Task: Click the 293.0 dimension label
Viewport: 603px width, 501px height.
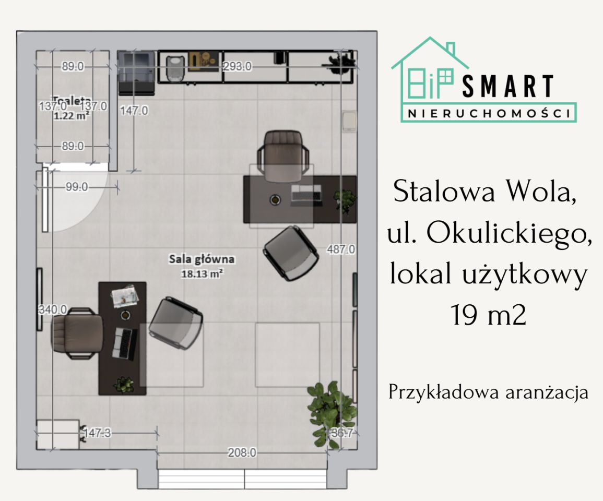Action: pos(238,66)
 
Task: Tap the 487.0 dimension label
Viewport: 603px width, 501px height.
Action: pos(340,249)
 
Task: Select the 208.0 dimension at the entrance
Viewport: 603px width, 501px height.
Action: pos(242,453)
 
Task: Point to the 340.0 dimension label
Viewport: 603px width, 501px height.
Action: pos(53,310)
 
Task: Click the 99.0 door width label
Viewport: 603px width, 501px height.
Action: pos(77,187)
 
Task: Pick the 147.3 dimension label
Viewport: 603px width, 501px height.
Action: pos(98,432)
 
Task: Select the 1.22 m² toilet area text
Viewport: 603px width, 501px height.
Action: pos(72,116)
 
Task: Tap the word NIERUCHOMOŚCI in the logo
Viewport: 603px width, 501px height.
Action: pos(489,113)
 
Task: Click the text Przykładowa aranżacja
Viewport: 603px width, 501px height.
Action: pos(488,392)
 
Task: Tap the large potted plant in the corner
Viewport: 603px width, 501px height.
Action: pos(330,412)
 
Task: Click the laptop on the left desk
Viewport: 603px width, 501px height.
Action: pos(125,343)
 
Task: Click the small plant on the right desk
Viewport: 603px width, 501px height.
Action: pos(345,198)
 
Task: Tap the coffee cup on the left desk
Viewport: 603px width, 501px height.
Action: pos(125,315)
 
